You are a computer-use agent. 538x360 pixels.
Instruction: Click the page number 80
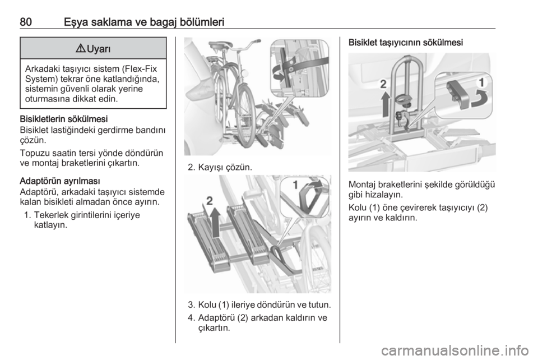(26, 22)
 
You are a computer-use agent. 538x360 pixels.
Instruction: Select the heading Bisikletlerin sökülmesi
(64, 119)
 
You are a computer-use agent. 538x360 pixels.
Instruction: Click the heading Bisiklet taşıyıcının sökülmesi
(406, 43)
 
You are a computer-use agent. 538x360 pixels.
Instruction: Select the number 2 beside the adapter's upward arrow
(210, 201)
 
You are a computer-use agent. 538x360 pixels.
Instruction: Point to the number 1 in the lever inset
(295, 186)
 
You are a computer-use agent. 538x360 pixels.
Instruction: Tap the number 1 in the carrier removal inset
(482, 82)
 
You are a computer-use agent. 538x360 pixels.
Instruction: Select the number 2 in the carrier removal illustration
(383, 84)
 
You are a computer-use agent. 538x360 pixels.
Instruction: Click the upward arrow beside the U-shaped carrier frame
(386, 104)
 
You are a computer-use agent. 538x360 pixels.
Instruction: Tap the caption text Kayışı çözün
(225, 168)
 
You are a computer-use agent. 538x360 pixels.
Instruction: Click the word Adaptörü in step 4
(215, 317)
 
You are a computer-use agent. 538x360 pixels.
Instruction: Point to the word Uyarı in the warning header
(99, 49)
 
